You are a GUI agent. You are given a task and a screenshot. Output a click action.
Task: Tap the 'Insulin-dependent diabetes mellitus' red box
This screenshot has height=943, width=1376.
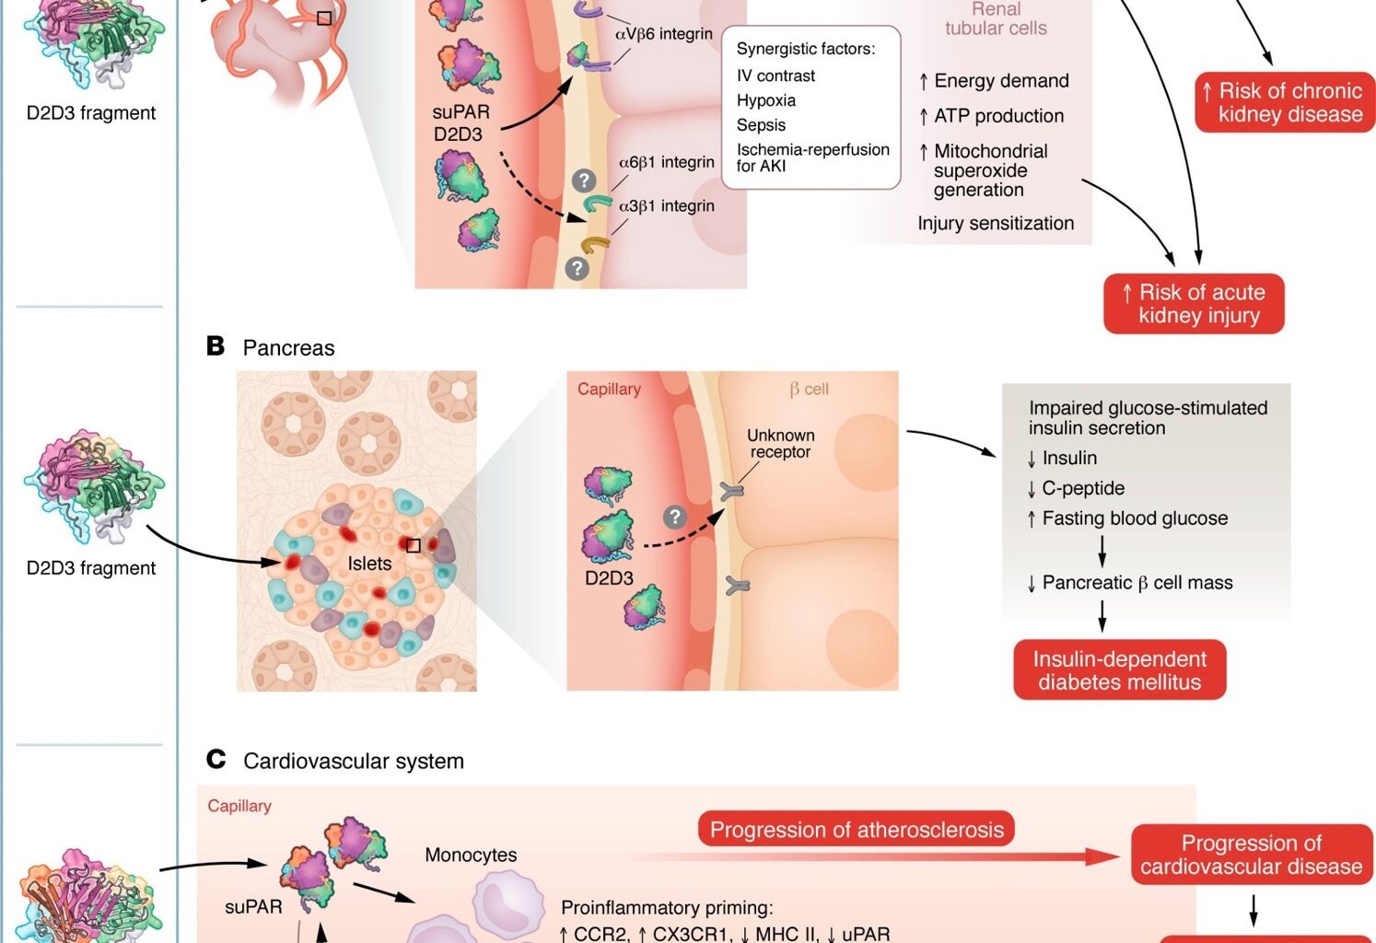click(1119, 670)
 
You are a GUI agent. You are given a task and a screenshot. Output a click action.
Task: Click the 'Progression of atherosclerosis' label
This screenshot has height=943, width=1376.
click(856, 830)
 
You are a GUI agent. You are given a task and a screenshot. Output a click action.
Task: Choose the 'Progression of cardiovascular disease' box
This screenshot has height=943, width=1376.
click(1251, 855)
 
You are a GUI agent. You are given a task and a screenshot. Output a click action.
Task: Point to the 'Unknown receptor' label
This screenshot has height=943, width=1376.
click(780, 443)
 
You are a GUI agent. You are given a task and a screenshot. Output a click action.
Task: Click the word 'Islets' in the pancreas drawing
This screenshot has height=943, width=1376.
click(369, 564)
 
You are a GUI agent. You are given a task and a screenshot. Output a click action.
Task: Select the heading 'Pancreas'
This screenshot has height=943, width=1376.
click(288, 348)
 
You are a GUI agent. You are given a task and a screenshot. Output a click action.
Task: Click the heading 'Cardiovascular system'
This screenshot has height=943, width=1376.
click(353, 762)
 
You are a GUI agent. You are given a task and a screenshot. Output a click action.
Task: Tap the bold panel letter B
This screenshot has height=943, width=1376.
click(216, 346)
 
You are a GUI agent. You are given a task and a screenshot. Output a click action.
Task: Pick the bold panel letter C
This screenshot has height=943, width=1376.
click(216, 760)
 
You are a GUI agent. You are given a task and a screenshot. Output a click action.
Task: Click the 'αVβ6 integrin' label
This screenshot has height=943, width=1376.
click(663, 34)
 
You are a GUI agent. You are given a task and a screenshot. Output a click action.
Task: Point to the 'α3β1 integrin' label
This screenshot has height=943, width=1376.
click(666, 206)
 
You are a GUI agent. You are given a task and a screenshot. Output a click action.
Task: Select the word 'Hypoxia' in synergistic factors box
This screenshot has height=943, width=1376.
click(765, 100)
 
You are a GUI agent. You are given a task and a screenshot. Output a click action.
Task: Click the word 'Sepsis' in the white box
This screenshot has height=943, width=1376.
click(761, 125)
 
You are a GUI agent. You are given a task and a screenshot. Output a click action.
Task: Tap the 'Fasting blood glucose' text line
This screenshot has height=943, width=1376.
click(1134, 518)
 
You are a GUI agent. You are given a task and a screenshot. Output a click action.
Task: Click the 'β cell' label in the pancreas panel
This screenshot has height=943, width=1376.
click(809, 390)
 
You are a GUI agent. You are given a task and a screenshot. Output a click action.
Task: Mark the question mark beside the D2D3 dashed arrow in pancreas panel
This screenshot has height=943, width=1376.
click(675, 517)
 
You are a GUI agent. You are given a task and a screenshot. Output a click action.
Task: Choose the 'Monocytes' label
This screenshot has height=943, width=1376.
click(471, 856)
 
